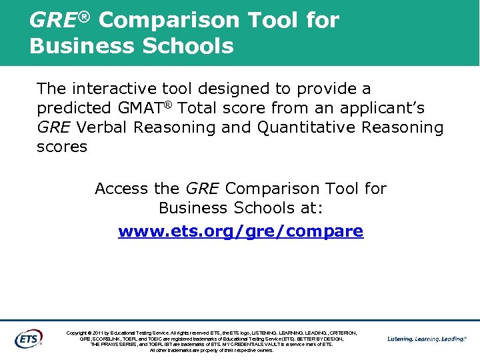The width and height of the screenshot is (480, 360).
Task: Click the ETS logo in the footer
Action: [x=29, y=338]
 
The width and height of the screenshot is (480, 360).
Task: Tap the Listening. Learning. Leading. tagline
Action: [x=427, y=339]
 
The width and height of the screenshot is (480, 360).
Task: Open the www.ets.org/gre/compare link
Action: [x=241, y=231]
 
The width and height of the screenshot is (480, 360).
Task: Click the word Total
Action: [x=201, y=108]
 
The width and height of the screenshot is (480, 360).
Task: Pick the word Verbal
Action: [x=101, y=127]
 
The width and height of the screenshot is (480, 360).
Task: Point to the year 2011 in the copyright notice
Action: [x=100, y=333]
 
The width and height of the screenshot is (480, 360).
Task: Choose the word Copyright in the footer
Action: [x=79, y=333]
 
